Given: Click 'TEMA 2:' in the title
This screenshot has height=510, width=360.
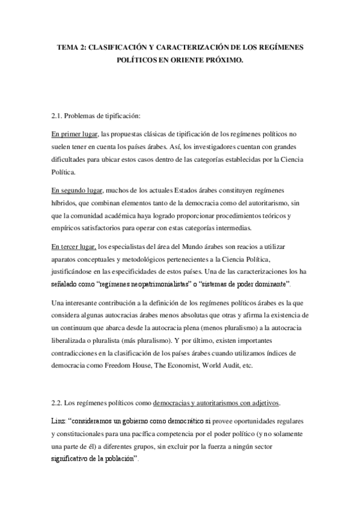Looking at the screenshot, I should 73,47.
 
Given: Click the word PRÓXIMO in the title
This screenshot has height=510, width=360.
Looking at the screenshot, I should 224,60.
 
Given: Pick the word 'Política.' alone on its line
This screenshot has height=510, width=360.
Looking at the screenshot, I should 64,171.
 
